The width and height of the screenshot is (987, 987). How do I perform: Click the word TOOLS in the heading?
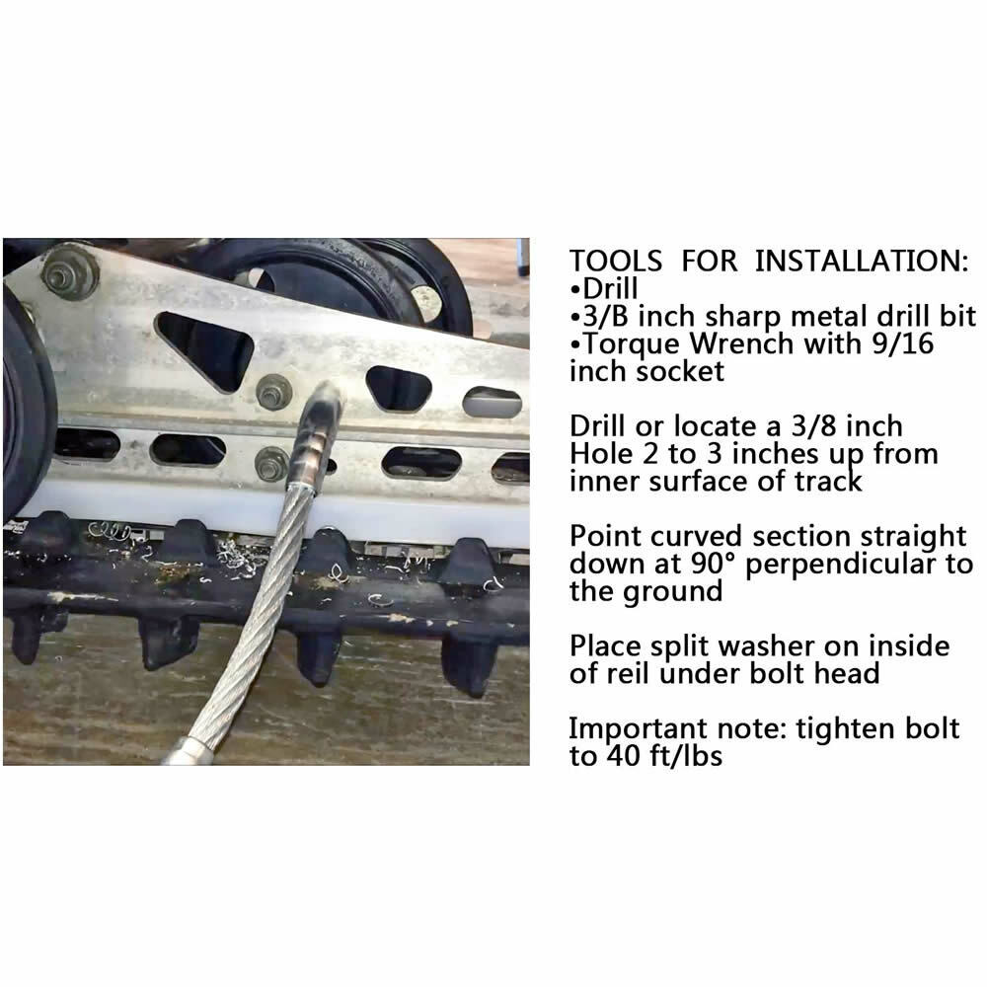point(615,262)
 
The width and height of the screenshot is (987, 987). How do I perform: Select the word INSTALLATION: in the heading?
point(857,262)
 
